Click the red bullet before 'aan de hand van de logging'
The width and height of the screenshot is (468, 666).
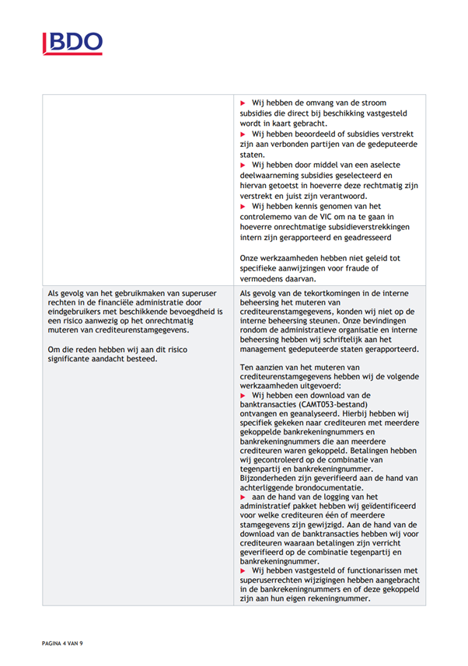pos(244,497)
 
